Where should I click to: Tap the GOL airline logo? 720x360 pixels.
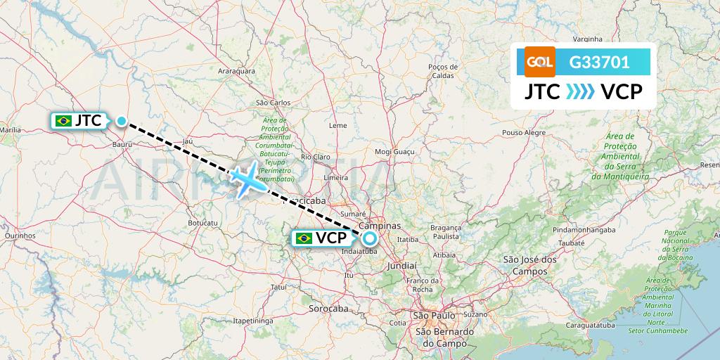tap(540, 62)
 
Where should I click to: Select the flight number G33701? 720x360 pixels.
tap(600, 62)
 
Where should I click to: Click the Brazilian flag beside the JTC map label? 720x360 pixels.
tap(64, 121)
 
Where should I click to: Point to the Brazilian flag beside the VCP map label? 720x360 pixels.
tap(304, 238)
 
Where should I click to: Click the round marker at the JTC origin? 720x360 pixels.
tap(122, 121)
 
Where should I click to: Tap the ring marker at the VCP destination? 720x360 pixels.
tap(370, 238)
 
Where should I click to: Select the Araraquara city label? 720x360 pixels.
tap(236, 71)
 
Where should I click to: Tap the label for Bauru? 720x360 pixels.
tap(122, 143)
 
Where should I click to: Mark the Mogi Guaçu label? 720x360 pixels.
tap(392, 151)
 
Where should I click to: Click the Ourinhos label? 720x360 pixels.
tap(20, 236)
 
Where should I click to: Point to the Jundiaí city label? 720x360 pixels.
tap(401, 266)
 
